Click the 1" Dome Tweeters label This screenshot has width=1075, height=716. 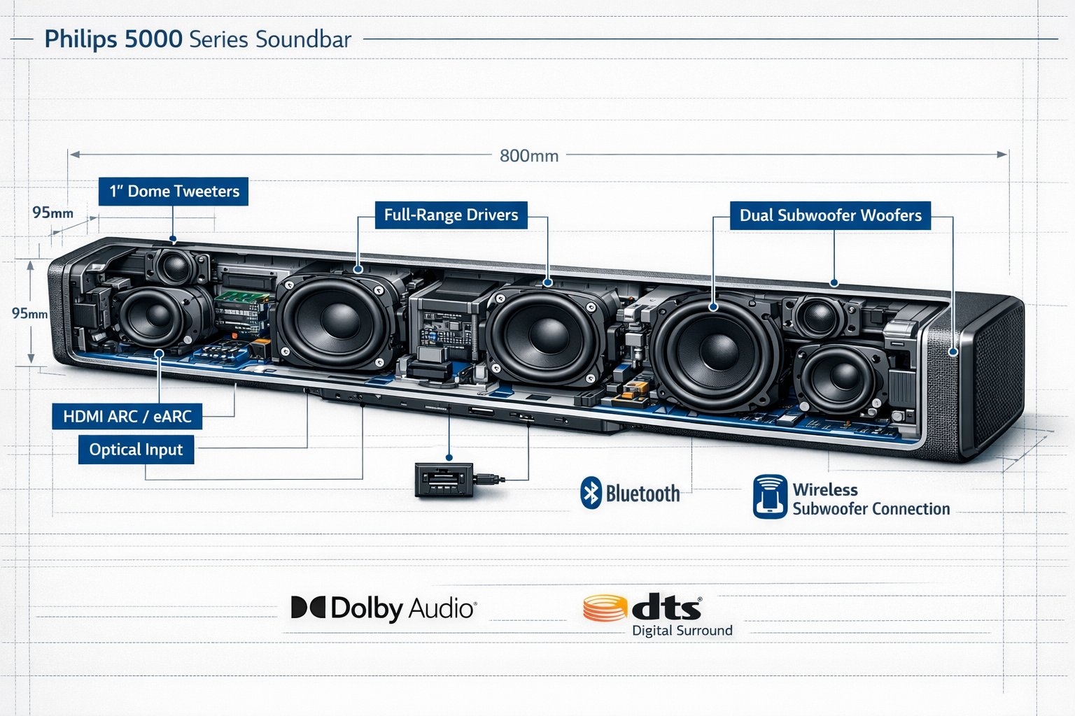[x=174, y=192]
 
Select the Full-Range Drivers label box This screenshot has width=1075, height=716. [x=451, y=215]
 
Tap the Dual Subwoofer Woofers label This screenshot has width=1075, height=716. [x=830, y=215]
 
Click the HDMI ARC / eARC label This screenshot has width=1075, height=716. [x=127, y=417]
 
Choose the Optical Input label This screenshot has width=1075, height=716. [x=136, y=450]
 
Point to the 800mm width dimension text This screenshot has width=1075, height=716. [x=529, y=156]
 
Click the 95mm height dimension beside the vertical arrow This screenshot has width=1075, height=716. [x=29, y=313]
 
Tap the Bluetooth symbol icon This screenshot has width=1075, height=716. [x=591, y=493]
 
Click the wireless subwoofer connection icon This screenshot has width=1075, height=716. [x=770, y=496]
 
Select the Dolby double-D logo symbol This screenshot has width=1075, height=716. [x=308, y=608]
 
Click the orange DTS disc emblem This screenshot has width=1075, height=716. [x=605, y=608]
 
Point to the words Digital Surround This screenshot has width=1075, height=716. [x=682, y=631]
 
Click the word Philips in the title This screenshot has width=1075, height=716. [x=80, y=39]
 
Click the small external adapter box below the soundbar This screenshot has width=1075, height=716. [x=444, y=480]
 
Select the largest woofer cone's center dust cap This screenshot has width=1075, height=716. [x=718, y=350]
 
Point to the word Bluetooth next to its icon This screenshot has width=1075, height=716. [x=642, y=494]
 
